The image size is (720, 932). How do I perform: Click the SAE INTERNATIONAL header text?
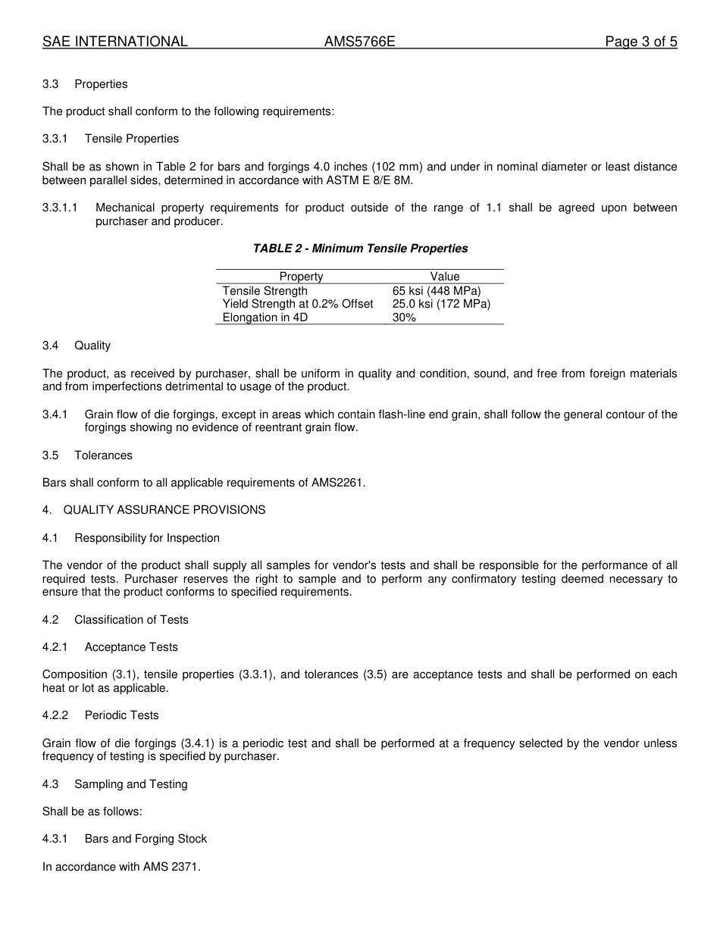[115, 42]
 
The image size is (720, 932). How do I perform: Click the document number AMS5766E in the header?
[359, 42]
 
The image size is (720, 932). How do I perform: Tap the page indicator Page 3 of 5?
[640, 42]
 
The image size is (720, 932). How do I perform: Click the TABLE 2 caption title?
[360, 249]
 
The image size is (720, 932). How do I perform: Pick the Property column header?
[301, 277]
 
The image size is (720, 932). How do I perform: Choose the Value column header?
[445, 277]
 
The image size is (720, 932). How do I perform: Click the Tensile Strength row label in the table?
[265, 291]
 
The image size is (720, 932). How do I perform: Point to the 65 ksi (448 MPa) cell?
[437, 291]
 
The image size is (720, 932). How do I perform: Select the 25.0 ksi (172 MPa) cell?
[441, 304]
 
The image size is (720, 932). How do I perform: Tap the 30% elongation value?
[404, 317]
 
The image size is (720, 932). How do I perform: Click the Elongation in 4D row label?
[265, 317]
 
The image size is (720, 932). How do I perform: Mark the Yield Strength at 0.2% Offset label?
[298, 304]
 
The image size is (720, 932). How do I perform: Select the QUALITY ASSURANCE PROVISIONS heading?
[164, 510]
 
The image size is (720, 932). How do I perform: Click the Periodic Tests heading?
[121, 715]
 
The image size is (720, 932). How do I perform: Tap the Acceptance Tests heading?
[131, 647]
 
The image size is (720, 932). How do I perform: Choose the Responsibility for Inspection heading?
[147, 538]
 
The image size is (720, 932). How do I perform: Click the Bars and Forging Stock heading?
[146, 839]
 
